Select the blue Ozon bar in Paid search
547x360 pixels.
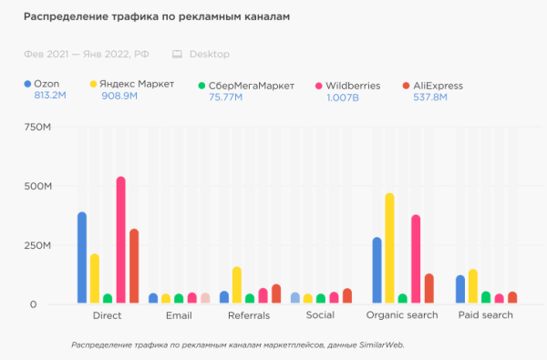point(460,289)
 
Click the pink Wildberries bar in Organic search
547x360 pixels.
point(416,259)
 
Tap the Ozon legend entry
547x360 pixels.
point(46,86)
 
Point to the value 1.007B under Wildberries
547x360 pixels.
point(342,98)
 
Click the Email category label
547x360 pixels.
point(180,315)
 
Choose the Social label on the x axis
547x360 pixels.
point(321,315)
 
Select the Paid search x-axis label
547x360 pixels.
point(485,315)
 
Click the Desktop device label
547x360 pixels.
point(211,55)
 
